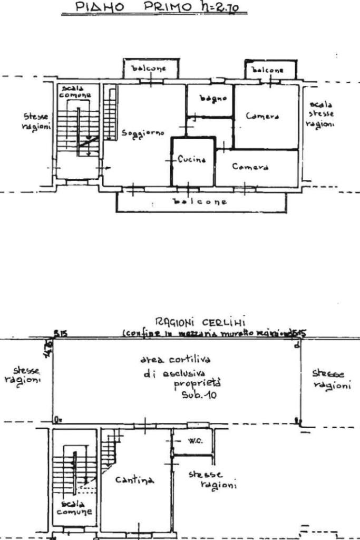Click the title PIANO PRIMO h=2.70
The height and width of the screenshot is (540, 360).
tap(153, 8)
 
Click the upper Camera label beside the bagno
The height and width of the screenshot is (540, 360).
tap(262, 116)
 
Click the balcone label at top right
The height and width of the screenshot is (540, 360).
tap(268, 70)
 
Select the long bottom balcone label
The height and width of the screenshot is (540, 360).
tap(200, 201)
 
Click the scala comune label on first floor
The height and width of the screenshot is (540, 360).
tap(74, 91)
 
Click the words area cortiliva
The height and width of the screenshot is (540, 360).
tap(175, 360)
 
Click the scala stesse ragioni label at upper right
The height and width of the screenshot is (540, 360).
tap(322, 114)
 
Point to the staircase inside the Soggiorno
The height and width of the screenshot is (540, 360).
tap(110, 113)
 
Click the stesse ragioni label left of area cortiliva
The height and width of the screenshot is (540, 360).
tap(24, 374)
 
